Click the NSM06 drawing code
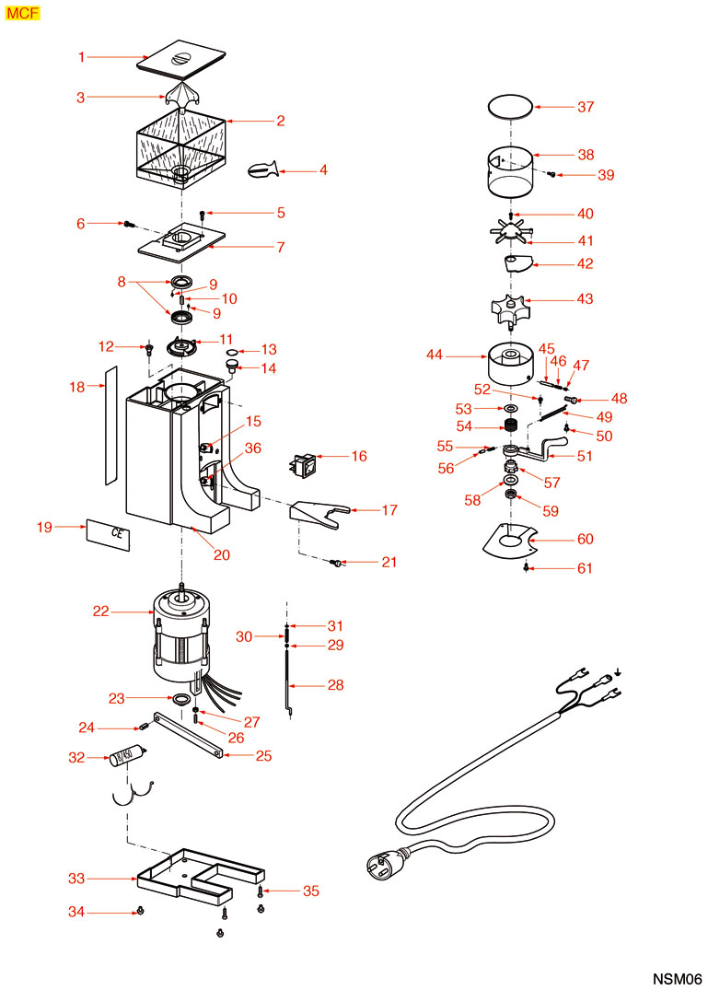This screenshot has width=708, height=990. pos(678,978)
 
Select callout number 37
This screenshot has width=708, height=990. pos(586,107)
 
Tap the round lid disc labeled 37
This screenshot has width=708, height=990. pos(510,107)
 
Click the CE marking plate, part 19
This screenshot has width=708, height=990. pos(109,533)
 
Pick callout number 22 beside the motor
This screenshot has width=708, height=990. pos(101,611)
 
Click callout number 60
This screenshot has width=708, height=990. pos(586,539)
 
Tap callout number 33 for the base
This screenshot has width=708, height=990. pos(76,879)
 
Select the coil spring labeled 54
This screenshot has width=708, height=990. pos(507,426)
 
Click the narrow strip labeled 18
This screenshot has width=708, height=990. pos(110,425)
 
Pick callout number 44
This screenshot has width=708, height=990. pos(435,354)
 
